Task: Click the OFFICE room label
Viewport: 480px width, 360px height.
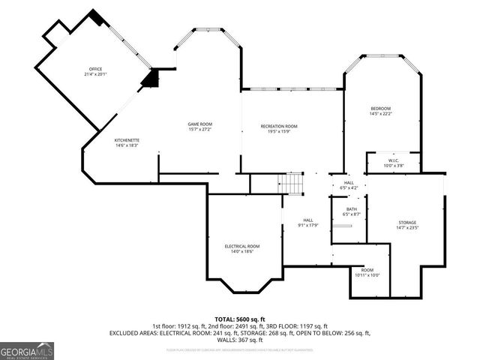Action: (96, 70)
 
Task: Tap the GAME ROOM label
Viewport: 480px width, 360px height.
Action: (200, 124)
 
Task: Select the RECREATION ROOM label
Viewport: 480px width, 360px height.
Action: (279, 126)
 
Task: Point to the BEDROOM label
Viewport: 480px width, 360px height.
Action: (381, 109)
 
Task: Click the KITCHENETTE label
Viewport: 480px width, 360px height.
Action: (126, 140)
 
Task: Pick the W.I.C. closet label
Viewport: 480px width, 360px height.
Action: (393, 160)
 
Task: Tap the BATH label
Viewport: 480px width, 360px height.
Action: (352, 209)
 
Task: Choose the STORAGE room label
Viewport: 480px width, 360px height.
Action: (407, 222)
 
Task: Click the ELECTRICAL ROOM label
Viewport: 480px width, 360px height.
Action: (242, 246)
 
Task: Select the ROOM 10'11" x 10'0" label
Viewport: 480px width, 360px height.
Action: (367, 270)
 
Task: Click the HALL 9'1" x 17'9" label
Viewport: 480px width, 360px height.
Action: (307, 220)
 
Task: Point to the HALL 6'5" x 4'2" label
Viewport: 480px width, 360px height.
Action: (349, 182)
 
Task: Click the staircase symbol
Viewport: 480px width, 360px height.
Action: (291, 182)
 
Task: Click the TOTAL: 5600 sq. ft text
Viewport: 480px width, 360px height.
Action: (240, 319)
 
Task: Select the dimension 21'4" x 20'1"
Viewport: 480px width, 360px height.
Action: (96, 74)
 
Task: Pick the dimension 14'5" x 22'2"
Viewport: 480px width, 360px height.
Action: (381, 114)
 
